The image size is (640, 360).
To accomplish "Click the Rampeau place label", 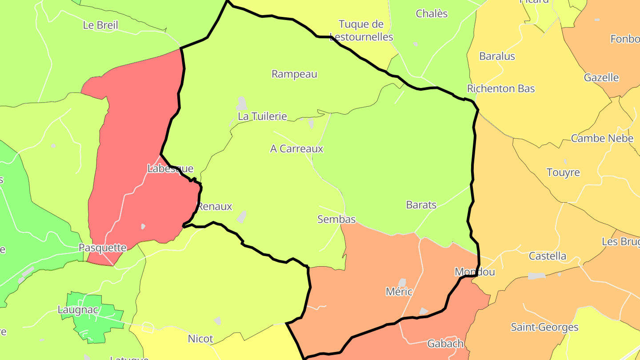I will pos(294,74).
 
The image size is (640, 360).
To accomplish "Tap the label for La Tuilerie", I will pos(262,116).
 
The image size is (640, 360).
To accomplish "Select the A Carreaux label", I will pos(296,149).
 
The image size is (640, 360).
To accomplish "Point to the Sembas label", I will pos(336,219).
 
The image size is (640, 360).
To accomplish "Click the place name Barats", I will pos(421,205).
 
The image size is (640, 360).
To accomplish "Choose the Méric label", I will pos(399,292).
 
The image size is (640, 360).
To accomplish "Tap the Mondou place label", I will pos(475,272).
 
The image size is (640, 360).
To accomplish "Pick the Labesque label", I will pos(170,169).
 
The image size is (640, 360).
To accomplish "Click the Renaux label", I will pos(215,207).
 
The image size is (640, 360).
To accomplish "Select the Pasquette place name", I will pos(103,248).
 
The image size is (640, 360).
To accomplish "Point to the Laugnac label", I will pos(78,310).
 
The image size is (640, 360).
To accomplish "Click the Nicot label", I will pos(200,339).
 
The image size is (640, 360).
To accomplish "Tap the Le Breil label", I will pos(100,25).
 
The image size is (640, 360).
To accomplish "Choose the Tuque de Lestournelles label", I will pos(361,30).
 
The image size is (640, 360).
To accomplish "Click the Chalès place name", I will pos(432,14).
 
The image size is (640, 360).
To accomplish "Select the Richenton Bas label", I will pos(501,89).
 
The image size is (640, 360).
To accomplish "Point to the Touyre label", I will pos(563,172).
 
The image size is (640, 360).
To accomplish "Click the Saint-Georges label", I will pos(544,328).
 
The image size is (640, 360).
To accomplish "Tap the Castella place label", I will pos(547,256).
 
